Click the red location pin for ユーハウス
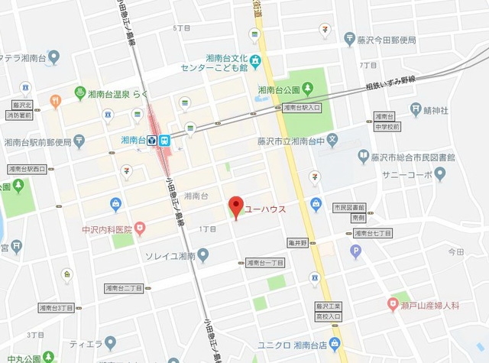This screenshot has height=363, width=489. tap(237, 206)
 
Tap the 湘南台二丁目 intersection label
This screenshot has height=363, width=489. tap(125, 288)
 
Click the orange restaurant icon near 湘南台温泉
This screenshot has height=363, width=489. tap(55, 100)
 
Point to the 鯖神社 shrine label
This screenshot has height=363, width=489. tap(443, 109)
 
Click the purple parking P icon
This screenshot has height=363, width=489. tap(355, 250)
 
